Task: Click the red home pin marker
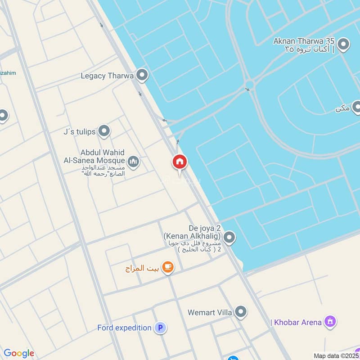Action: coord(180,162)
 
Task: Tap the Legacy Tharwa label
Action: coord(107,76)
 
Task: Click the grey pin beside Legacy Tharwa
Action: coord(142,75)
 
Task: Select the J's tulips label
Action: coord(79,132)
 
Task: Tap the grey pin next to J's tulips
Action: coord(104,131)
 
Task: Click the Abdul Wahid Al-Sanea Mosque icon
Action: coord(133,161)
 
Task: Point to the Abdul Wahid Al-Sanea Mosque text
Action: coord(103,157)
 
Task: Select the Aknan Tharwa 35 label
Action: coord(304,42)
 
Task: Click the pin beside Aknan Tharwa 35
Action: coord(343,45)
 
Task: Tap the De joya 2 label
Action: coord(192,232)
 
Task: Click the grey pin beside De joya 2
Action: coord(229,237)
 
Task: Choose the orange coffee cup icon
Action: coord(168,268)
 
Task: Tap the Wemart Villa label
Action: coord(210,311)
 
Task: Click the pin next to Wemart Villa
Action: coord(241,311)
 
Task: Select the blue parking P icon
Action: coord(160,328)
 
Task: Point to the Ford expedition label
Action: coord(124,328)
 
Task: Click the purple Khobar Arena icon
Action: coord(331,322)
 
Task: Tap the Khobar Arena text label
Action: coord(297,322)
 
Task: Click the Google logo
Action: coord(19,353)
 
